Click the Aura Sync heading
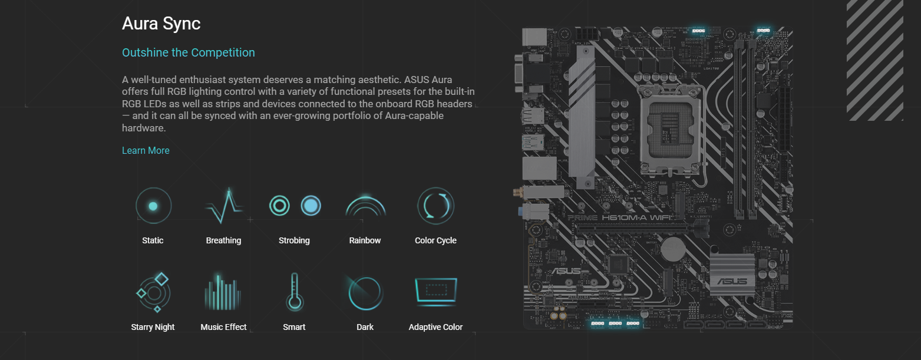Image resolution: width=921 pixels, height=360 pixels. click(161, 24)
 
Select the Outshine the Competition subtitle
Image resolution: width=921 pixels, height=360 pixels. click(188, 52)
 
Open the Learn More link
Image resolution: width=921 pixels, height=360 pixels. click(146, 150)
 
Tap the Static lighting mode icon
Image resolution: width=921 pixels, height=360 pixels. click(153, 206)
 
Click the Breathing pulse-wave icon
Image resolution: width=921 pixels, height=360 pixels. click(223, 206)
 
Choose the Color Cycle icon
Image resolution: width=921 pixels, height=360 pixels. click(435, 206)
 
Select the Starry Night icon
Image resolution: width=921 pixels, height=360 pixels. click(153, 292)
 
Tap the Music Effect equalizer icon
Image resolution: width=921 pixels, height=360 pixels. click(223, 292)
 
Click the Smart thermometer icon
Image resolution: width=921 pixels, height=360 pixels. click(294, 292)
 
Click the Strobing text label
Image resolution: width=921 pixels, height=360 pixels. click(294, 240)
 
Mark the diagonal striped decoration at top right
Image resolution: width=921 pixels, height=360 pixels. click(874, 60)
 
